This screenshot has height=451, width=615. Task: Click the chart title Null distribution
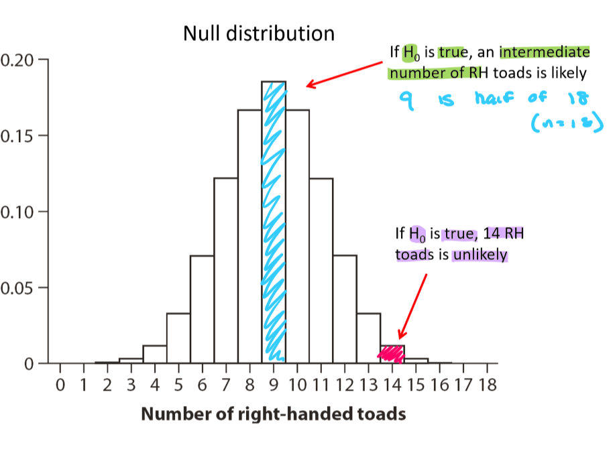(258, 33)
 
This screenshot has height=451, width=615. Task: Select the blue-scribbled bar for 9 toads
(274, 221)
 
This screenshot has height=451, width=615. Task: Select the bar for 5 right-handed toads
(178, 338)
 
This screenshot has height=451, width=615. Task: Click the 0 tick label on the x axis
(60, 386)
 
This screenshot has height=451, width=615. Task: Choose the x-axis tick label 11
(321, 386)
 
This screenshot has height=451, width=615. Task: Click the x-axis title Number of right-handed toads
(273, 414)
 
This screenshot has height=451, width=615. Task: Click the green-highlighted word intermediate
(545, 52)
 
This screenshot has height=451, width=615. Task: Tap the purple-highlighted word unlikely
(480, 255)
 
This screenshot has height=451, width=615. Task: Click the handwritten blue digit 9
(404, 101)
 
